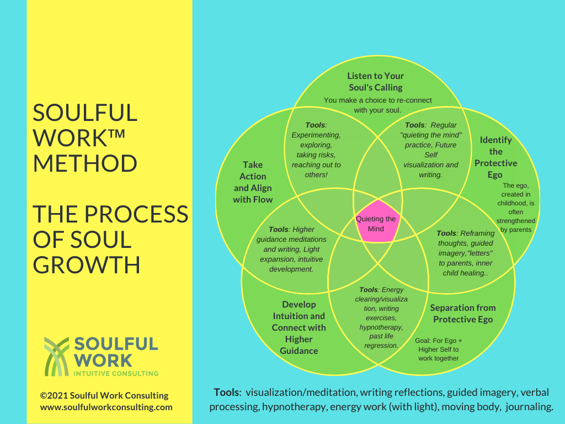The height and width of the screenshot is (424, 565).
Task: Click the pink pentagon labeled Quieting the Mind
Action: tap(376, 224)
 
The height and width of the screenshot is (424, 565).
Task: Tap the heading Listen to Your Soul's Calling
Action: tap(376, 82)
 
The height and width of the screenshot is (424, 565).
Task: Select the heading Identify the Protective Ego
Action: tap(495, 157)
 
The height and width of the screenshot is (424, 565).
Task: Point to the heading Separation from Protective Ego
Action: tap(463, 314)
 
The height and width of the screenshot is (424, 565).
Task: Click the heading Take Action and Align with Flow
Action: tap(253, 182)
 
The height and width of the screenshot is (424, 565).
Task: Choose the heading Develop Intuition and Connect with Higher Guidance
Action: tap(299, 327)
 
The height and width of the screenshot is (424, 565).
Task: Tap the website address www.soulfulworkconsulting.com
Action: tap(106, 407)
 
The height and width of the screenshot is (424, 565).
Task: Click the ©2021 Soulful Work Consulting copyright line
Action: tap(104, 395)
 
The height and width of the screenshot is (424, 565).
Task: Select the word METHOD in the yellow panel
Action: tap(85, 163)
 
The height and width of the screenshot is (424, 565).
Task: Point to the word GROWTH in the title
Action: tap(86, 264)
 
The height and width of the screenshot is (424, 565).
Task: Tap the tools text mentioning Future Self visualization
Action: tap(431, 150)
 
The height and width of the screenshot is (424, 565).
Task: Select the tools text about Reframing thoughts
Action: tap(466, 253)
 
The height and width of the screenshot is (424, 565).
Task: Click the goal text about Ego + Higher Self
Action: tap(438, 349)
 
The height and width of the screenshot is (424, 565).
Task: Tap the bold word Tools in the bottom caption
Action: tap(226, 393)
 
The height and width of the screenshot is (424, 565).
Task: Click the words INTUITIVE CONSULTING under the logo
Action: tap(116, 373)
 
